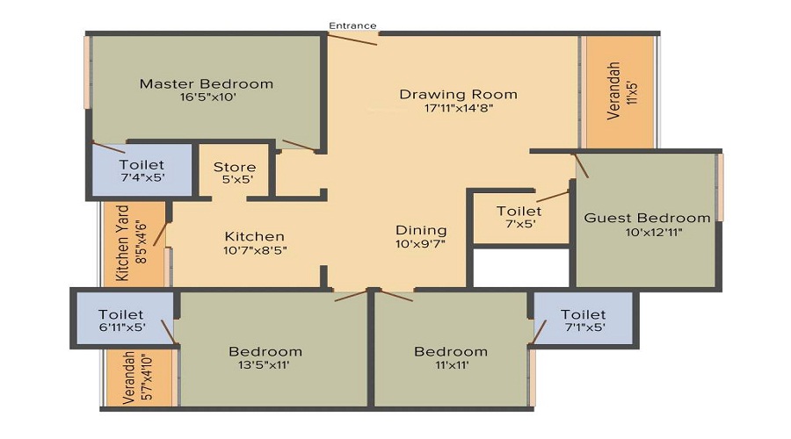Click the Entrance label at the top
[x=352, y=25]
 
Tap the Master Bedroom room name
[x=207, y=84]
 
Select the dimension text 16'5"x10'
[x=207, y=98]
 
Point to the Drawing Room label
[x=458, y=94]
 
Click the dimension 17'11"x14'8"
[x=458, y=109]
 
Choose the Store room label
[x=235, y=167]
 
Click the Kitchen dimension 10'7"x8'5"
[x=254, y=249]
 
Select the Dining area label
[x=420, y=231]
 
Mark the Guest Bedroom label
[x=647, y=218]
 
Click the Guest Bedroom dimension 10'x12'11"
[x=647, y=232]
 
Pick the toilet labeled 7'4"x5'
[x=142, y=171]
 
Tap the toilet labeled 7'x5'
[x=519, y=217]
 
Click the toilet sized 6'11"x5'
[x=121, y=320]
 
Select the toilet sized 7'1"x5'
[x=584, y=320]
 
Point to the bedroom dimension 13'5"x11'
[x=265, y=365]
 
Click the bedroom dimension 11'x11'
[x=451, y=365]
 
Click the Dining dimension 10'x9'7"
[x=420, y=245]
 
